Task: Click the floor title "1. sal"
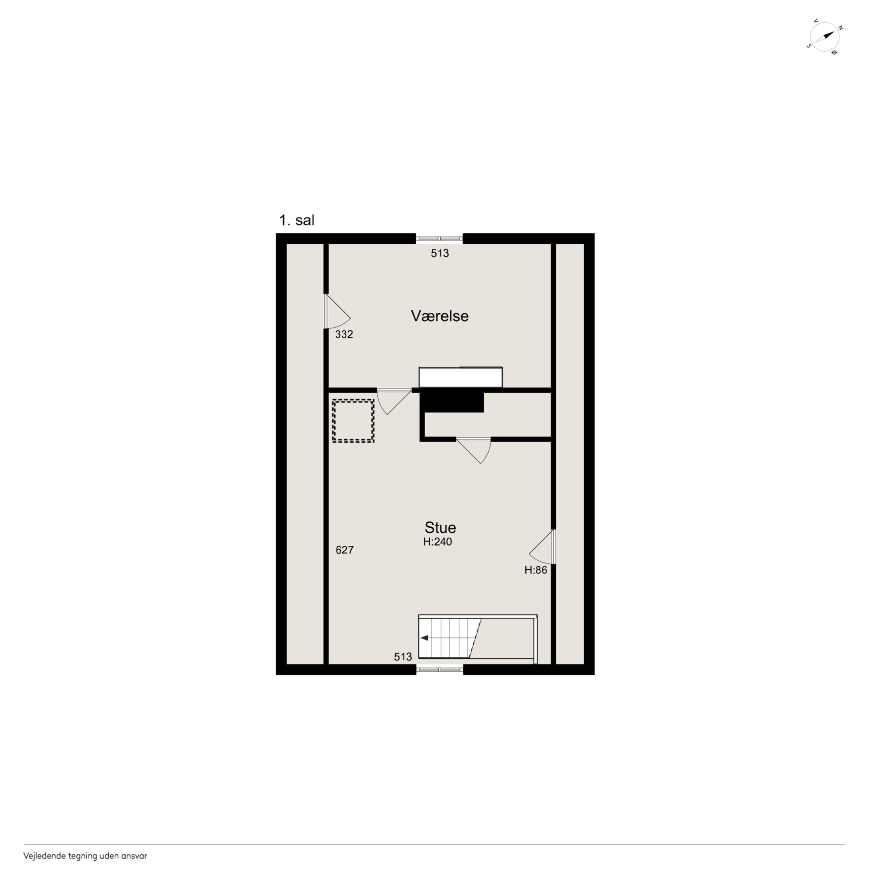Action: tap(297, 221)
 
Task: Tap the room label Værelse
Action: tap(439, 316)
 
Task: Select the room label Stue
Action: tap(440, 527)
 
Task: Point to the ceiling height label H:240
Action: tap(437, 542)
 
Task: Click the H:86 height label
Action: tap(535, 570)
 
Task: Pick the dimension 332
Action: tap(344, 334)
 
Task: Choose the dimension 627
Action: tap(345, 550)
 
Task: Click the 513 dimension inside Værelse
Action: tap(439, 253)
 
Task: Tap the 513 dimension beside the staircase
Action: tap(403, 657)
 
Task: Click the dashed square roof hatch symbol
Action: tap(353, 421)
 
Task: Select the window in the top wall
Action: tap(439, 238)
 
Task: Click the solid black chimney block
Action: tap(452, 402)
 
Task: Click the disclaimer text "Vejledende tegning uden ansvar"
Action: tap(85, 856)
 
